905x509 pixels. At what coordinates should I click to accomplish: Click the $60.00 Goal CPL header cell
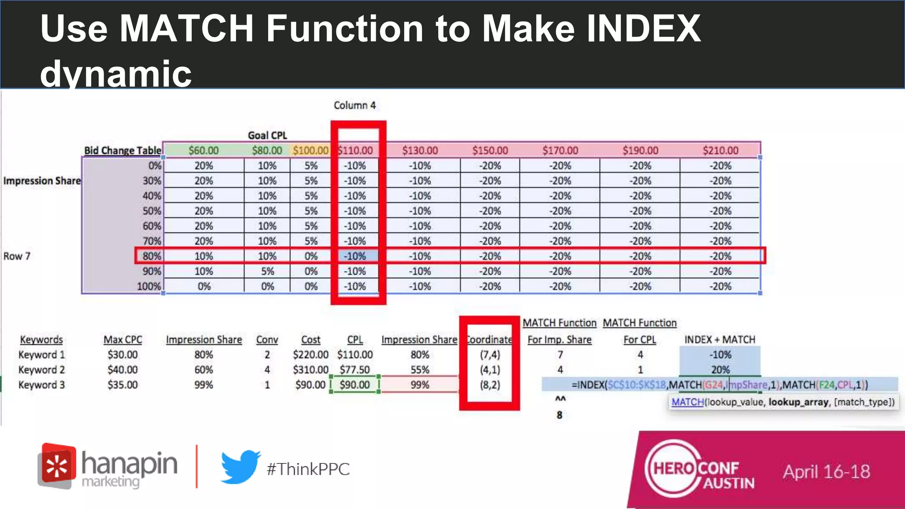203,150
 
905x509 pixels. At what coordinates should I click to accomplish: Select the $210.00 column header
720,150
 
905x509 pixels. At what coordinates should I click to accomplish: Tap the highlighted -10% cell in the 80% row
355,256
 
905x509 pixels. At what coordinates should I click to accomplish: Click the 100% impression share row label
149,286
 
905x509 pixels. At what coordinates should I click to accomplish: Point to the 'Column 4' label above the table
354,105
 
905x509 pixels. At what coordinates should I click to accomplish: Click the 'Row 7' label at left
17,256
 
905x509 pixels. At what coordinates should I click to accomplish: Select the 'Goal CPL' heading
267,135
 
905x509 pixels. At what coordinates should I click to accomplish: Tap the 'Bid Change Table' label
122,150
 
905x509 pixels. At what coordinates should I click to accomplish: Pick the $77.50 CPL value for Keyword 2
355,370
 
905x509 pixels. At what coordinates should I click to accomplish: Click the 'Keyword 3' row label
42,385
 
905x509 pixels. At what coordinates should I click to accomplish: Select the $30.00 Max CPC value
122,355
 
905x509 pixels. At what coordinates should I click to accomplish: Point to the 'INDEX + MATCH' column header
719,340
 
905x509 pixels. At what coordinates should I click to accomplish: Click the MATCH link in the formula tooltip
687,402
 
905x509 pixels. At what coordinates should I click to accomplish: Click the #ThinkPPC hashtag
308,469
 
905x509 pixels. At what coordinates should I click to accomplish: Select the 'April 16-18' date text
826,471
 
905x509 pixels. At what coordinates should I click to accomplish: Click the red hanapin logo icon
57,465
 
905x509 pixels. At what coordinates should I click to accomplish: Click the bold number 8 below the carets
559,415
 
